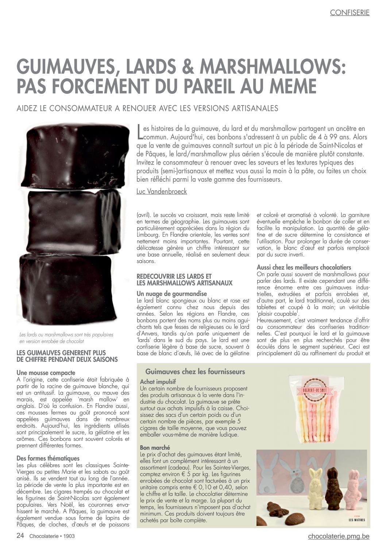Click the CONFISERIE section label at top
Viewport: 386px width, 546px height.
(x=350, y=12)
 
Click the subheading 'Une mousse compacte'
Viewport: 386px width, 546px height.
(x=46, y=373)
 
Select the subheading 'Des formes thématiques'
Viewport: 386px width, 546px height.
(x=48, y=458)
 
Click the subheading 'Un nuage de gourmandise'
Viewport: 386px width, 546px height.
(x=171, y=293)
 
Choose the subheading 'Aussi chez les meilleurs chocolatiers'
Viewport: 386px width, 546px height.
(x=304, y=267)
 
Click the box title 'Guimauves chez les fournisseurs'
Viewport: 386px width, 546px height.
(x=195, y=372)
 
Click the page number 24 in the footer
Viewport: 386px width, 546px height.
(x=20, y=536)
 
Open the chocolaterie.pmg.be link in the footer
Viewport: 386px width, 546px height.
(x=339, y=536)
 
